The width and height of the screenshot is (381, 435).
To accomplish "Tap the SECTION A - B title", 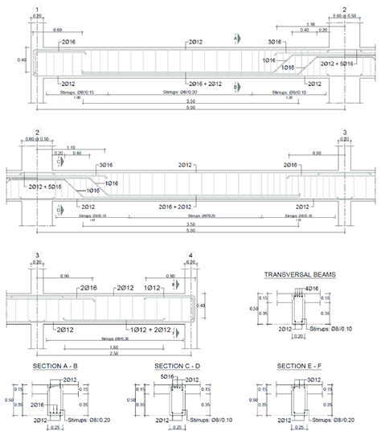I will click(x=55, y=367).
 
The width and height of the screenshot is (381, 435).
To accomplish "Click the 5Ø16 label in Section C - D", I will click(x=168, y=375).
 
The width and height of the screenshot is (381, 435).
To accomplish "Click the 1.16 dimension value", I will click(x=309, y=24).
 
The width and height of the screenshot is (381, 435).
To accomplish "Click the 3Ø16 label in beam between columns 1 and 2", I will click(x=276, y=40).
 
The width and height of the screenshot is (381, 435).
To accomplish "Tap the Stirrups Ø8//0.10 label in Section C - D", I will click(x=207, y=419).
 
